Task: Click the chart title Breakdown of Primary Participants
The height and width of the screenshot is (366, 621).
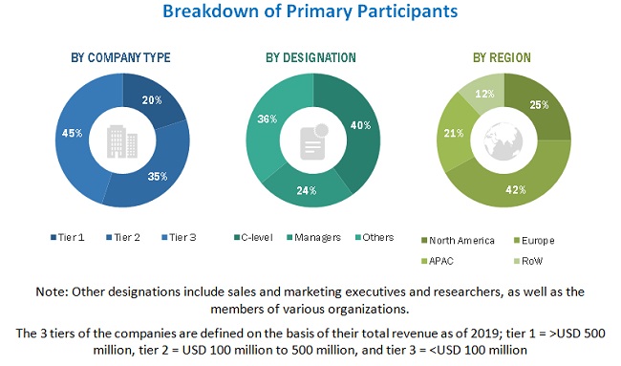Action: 310,12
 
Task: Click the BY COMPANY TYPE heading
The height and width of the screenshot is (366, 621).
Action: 120,57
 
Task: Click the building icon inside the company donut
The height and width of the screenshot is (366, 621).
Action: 122,140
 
